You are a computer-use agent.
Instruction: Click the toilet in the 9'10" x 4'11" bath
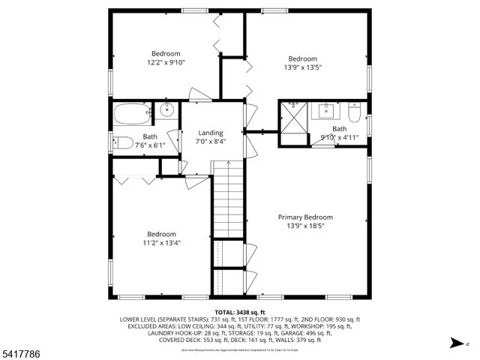pos(355,113)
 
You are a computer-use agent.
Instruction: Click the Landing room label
pos(211,133)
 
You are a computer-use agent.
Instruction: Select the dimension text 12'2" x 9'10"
pos(166,63)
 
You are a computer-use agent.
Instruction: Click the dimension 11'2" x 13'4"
pos(161,242)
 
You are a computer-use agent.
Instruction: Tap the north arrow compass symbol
pos(455,343)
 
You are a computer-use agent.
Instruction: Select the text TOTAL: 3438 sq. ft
pos(240,312)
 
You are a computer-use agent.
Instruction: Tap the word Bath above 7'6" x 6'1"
pos(151,136)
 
